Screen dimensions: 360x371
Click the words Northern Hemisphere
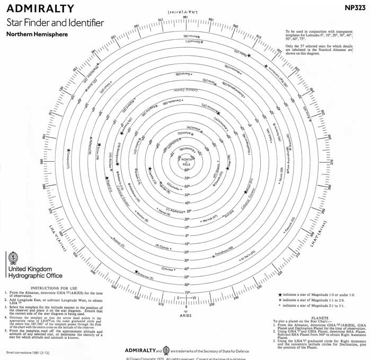(x=37, y=34)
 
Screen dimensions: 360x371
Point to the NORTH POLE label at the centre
(x=186, y=161)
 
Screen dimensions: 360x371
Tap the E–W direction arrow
(x=186, y=297)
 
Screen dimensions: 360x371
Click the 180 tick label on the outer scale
(x=186, y=17)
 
